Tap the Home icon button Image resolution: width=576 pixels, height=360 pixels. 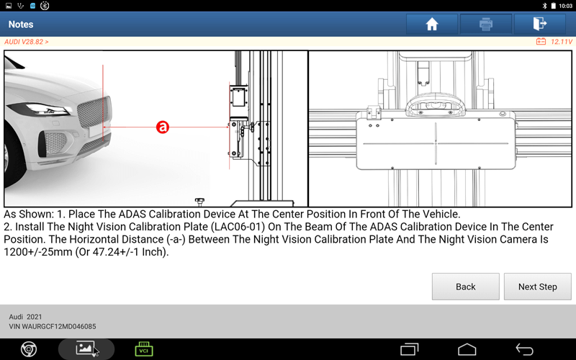(x=431, y=24)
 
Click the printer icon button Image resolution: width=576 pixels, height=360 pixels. (x=485, y=24)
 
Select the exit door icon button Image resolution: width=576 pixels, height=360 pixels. (x=539, y=24)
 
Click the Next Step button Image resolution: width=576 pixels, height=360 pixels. (x=537, y=287)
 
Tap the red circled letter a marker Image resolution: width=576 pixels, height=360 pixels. (x=163, y=127)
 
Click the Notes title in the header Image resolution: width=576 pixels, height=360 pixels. (x=21, y=24)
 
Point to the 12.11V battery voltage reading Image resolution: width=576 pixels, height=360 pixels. (x=562, y=42)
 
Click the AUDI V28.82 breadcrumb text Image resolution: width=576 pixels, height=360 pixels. (x=27, y=42)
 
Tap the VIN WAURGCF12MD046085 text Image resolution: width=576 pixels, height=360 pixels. (x=53, y=326)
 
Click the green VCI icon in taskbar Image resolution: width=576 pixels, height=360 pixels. (x=143, y=349)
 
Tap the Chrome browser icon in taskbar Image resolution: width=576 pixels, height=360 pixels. (x=29, y=349)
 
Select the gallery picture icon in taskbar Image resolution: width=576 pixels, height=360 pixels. (x=85, y=348)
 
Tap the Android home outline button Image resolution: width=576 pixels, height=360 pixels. (x=467, y=349)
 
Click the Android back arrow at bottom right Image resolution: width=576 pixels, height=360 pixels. (x=524, y=349)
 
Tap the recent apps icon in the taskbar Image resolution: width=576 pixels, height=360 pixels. (x=409, y=349)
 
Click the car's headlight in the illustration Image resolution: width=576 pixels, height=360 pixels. (x=40, y=109)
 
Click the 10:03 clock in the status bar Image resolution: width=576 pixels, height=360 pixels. (x=565, y=6)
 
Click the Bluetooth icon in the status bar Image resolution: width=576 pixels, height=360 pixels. (x=545, y=6)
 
